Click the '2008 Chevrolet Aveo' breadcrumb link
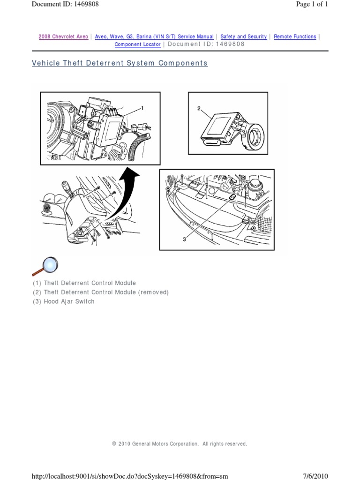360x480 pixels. point(63,37)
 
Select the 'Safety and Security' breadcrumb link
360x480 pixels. point(244,37)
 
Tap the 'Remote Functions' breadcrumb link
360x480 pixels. point(295,37)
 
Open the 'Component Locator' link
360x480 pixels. point(138,45)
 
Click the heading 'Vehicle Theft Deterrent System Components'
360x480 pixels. point(120,63)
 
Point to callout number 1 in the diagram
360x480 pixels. point(142,108)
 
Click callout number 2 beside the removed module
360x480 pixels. point(199,108)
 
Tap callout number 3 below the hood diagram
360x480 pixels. point(185,239)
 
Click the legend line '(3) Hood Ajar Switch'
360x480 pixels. point(63,301)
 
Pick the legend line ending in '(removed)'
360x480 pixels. point(100,292)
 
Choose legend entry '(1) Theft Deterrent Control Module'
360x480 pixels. point(84,283)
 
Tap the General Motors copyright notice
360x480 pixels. point(180,444)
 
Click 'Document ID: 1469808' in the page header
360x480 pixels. point(65,4)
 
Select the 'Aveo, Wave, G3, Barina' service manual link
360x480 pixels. point(154,37)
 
